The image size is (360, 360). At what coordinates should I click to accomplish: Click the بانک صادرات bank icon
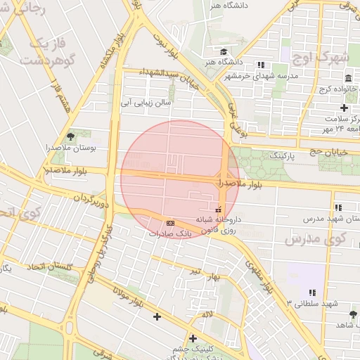172,222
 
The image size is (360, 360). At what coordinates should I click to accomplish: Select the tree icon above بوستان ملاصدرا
70,136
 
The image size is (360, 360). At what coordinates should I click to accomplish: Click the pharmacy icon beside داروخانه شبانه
218,209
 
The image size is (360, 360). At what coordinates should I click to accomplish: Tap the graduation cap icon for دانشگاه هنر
224,52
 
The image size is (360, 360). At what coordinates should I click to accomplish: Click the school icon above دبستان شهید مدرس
338,207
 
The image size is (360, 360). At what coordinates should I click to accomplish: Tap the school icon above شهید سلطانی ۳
311,292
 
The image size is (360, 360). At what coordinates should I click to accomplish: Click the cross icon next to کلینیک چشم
193,338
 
